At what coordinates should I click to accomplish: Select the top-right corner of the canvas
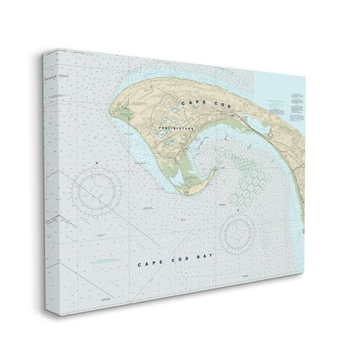point(305,76)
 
